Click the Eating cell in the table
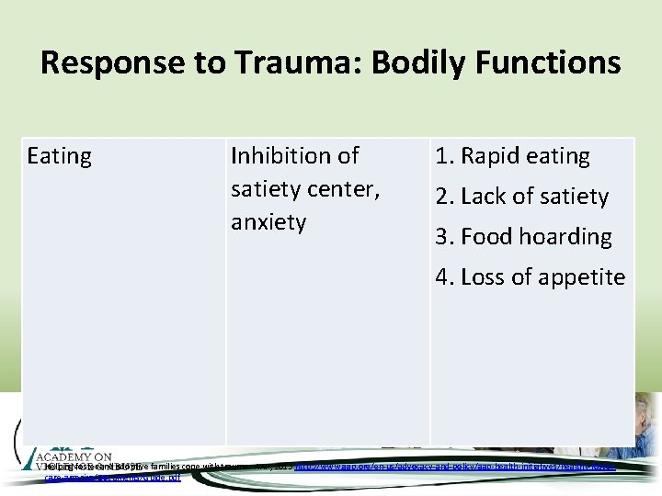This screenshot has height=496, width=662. [60, 157]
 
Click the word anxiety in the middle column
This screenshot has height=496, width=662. [268, 222]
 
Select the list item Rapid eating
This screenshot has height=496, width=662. [512, 156]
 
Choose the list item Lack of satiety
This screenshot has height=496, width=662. [521, 197]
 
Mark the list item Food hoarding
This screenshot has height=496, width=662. [523, 237]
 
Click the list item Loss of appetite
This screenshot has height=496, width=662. [530, 277]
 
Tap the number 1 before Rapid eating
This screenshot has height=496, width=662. [442, 156]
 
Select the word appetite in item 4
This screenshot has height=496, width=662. [581, 277]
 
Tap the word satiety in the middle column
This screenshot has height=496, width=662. [267, 189]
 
